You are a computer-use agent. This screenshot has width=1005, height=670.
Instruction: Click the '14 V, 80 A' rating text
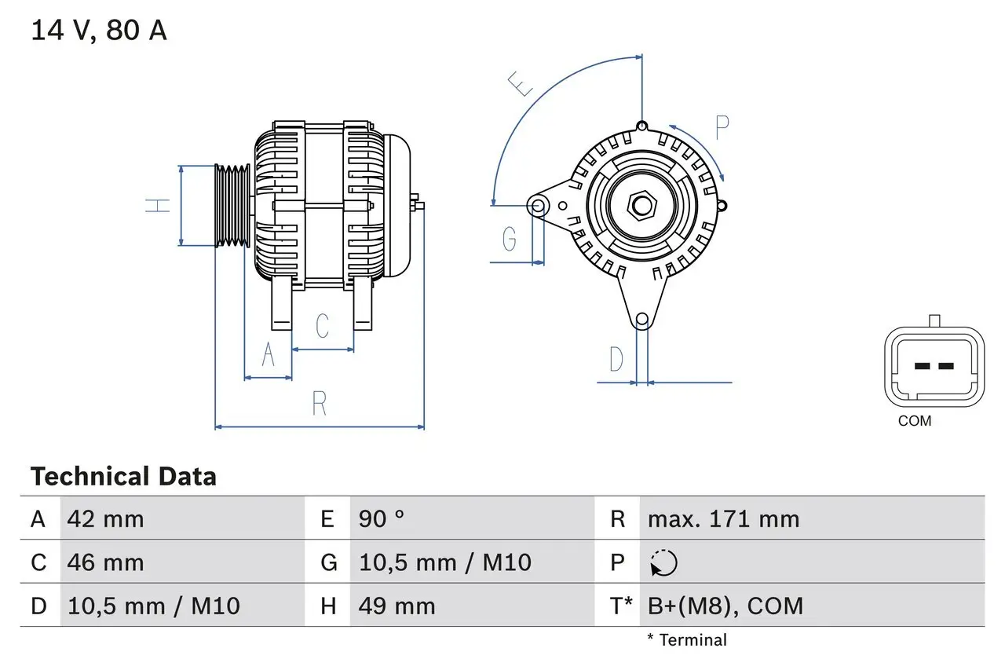[99, 31]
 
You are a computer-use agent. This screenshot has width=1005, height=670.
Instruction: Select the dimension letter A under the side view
[268, 355]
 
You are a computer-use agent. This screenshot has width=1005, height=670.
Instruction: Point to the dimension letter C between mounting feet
[322, 326]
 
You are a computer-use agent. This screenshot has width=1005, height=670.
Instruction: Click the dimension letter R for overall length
[319, 403]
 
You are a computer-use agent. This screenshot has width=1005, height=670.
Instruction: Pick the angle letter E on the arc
[521, 83]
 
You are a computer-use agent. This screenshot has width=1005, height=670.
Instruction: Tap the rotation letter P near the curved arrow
[722, 127]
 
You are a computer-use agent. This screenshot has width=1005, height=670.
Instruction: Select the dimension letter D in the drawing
[616, 360]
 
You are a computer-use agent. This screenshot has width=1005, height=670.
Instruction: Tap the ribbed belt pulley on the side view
[233, 206]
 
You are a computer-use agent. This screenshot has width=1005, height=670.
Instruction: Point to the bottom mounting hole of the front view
[642, 319]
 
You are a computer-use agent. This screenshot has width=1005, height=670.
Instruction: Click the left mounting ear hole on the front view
[538, 207]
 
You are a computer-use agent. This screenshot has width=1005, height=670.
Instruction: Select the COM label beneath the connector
[915, 421]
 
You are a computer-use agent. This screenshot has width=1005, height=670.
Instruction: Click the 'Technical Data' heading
[123, 477]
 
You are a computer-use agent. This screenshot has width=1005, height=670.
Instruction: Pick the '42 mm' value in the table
[106, 519]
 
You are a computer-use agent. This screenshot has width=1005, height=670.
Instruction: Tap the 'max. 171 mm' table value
[723, 519]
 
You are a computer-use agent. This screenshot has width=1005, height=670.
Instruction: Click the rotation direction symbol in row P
[663, 563]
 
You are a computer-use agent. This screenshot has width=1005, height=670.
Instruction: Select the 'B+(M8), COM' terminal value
[725, 606]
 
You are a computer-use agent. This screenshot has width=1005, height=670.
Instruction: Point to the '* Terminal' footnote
[687, 640]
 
